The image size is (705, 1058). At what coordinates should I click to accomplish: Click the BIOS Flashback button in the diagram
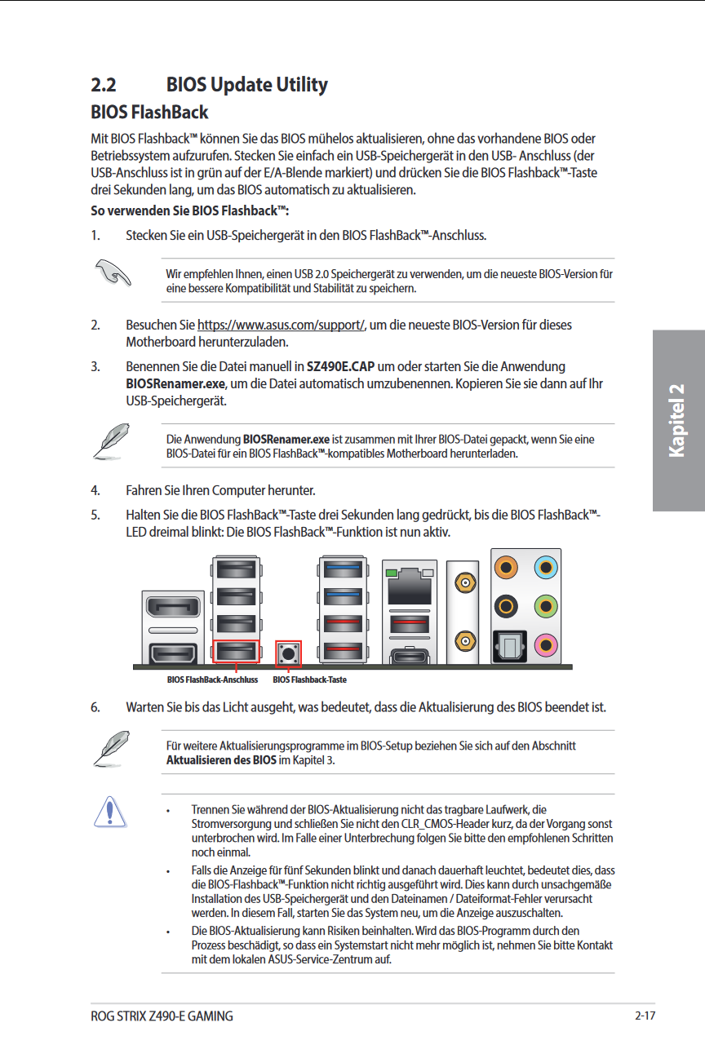click(289, 653)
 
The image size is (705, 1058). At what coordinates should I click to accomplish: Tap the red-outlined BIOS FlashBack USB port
click(235, 651)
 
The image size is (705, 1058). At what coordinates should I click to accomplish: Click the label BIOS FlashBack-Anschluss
click(212, 680)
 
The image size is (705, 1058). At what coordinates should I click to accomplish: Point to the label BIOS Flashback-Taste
click(309, 680)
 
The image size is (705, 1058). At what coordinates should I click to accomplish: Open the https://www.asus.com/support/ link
click(281, 325)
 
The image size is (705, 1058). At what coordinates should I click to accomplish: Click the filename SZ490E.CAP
click(339, 366)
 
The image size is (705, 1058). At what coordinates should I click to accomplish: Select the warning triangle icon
click(109, 813)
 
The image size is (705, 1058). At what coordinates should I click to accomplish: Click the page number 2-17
click(645, 1016)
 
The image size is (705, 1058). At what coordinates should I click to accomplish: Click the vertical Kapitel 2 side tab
click(677, 420)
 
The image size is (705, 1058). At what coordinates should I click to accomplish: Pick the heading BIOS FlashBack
click(149, 113)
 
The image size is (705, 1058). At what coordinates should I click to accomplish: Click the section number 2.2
click(104, 85)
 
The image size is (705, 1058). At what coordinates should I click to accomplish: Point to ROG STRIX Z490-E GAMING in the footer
click(162, 1016)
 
